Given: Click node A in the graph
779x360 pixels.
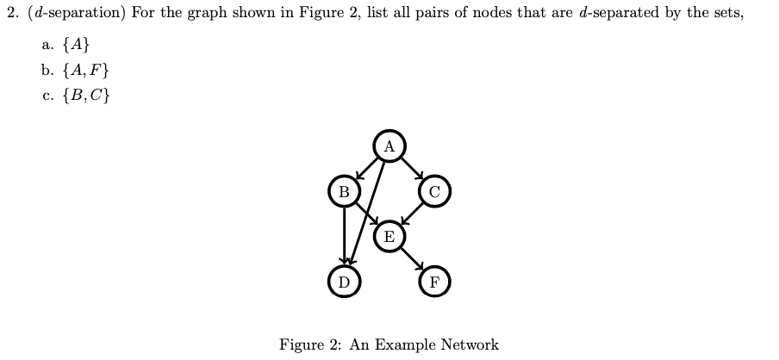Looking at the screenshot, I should click(x=389, y=146).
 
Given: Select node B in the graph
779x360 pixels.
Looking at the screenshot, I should click(x=344, y=191).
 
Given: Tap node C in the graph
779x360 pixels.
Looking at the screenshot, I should click(x=434, y=191).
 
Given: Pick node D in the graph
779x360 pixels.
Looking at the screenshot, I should click(x=344, y=282).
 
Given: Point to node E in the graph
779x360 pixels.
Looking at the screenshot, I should click(x=389, y=236).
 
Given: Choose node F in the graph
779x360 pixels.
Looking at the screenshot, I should click(x=434, y=282).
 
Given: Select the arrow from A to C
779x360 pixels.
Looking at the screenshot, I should click(x=412, y=169).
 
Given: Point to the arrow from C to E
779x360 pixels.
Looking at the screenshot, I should click(x=412, y=214).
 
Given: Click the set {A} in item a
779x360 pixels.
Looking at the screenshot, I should click(x=76, y=46).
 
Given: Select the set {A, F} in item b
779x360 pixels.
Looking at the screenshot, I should click(x=84, y=70).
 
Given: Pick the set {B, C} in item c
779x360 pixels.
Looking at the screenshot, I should click(x=85, y=94).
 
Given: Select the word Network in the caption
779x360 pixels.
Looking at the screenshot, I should click(x=470, y=344).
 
